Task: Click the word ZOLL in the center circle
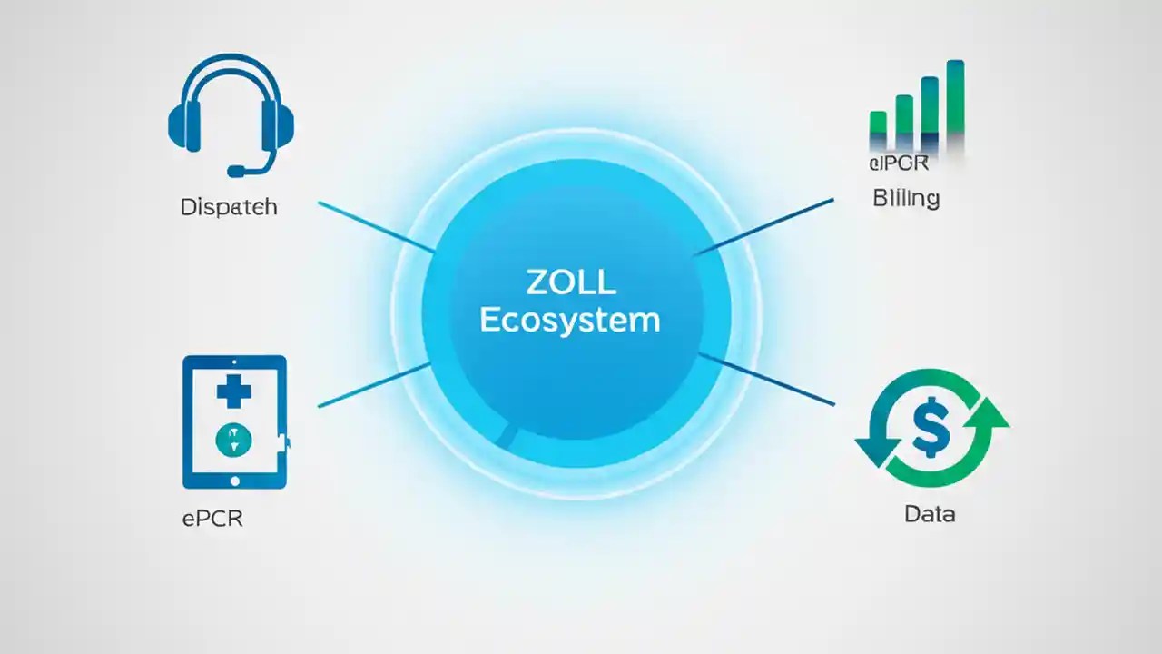(x=570, y=282)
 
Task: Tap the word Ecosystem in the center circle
(x=569, y=321)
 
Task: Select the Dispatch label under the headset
(x=229, y=207)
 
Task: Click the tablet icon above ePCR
(x=234, y=422)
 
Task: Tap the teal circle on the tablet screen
(x=234, y=441)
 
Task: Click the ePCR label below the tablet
(x=212, y=520)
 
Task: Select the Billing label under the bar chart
(x=905, y=198)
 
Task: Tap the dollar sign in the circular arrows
(x=931, y=429)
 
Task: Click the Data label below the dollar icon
(x=930, y=514)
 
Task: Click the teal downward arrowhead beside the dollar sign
(x=872, y=450)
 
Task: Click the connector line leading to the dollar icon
(x=767, y=380)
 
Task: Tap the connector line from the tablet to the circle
(x=374, y=384)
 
